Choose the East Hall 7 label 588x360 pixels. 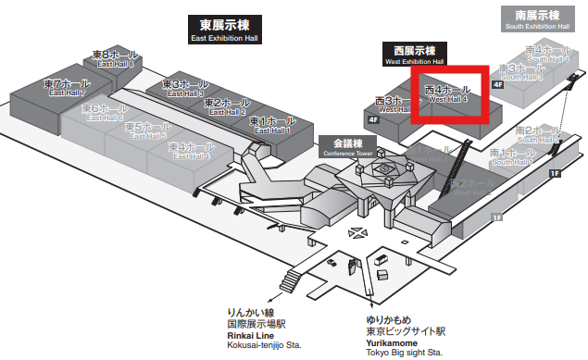pos(66,88)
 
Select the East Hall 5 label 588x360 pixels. pos(145,130)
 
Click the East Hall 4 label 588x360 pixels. pos(190,151)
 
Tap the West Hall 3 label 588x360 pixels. pos(396,105)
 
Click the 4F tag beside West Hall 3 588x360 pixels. pos(373,119)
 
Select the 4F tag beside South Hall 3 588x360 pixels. pos(498,85)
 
